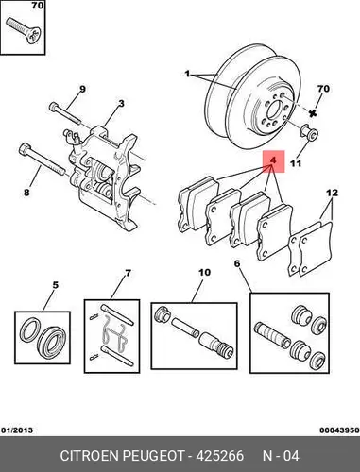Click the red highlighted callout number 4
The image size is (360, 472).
click(273, 160)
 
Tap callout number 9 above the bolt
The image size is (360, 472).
click(82, 89)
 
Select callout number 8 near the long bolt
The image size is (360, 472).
click(26, 192)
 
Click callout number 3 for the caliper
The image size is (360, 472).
click(121, 104)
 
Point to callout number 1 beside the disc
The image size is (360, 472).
click(187, 75)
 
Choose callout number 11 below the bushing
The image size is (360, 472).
click(296, 163)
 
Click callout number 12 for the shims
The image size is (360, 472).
click(332, 193)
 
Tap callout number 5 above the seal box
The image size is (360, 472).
click(56, 285)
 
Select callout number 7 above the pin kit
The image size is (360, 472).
click(128, 273)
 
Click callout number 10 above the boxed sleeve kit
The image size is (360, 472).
click(204, 272)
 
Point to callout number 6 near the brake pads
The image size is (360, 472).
click(237, 263)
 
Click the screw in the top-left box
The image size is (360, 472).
click(24, 30)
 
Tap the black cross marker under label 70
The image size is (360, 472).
click(313, 113)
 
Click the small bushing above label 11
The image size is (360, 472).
click(310, 133)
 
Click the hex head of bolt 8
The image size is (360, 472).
click(25, 148)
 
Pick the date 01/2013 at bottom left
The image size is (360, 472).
click(17, 430)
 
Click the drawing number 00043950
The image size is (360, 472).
click(339, 430)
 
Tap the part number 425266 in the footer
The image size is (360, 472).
click(220, 456)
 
